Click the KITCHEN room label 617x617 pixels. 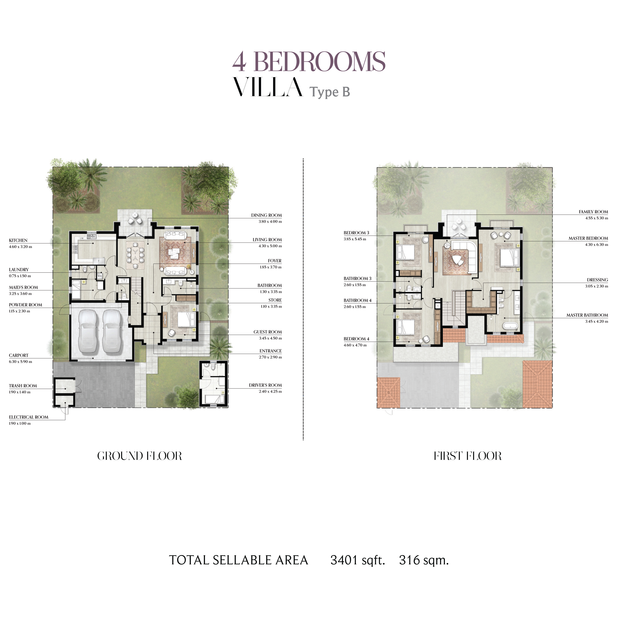pos(18,240)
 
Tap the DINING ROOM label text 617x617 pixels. pos(266,215)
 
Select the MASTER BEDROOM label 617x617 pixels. pos(588,238)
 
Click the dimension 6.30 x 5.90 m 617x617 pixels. pos(20,362)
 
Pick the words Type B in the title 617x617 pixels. pos(330,92)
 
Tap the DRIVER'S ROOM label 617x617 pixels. pos(265,385)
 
